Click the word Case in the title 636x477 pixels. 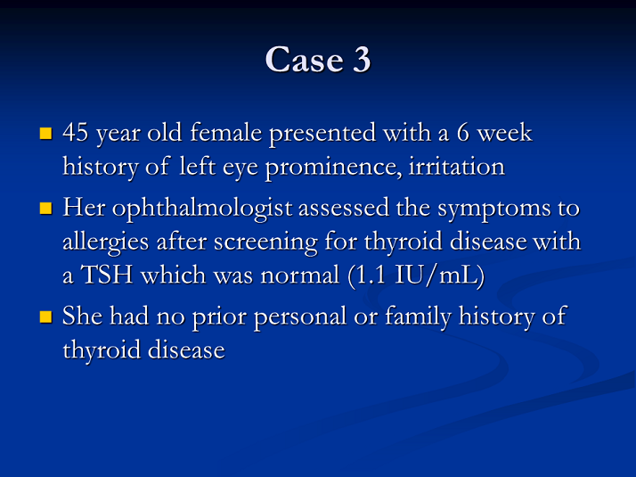[x=305, y=59]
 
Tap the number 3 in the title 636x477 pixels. [x=362, y=59]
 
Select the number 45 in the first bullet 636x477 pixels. [x=75, y=132]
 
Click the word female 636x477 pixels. [x=226, y=132]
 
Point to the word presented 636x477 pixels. [x=322, y=134]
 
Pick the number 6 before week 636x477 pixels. [x=463, y=133]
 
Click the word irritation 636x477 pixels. [x=457, y=166]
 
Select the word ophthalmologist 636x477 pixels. [x=202, y=209]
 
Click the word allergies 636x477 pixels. [x=105, y=243]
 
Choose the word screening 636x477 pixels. [x=265, y=243]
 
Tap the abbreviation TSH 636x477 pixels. [x=107, y=275]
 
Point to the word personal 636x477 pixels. [x=300, y=317]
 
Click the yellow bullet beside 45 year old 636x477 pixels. [x=45, y=133]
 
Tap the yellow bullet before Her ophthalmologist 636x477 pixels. [x=45, y=208]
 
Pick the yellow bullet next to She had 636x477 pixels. [x=45, y=317]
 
